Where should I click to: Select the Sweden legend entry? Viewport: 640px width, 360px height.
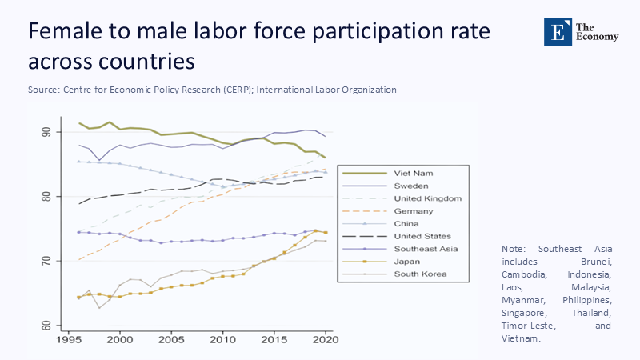point(411,185)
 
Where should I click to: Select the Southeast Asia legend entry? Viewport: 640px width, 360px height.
point(426,249)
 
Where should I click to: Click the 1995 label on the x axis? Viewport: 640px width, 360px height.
point(68,339)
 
